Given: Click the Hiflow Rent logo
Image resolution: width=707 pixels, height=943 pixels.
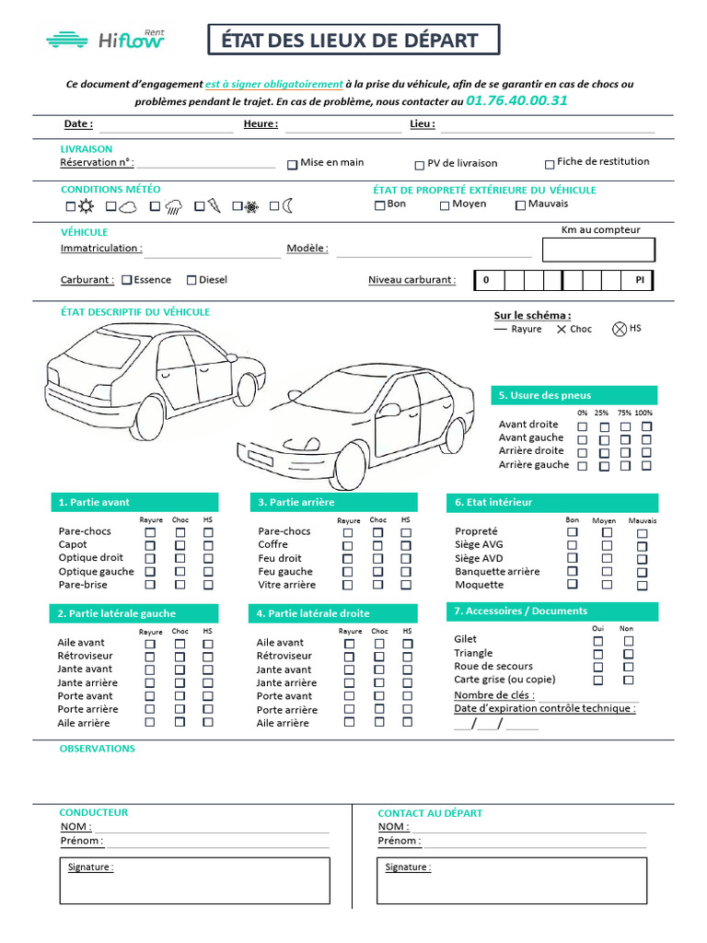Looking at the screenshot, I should [x=105, y=39].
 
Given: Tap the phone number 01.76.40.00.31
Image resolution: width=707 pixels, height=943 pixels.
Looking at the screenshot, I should [x=516, y=100].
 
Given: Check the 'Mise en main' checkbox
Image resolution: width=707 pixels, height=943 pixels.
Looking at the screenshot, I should [x=293, y=164].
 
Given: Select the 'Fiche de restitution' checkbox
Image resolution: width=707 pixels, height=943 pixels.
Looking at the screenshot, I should [x=550, y=163].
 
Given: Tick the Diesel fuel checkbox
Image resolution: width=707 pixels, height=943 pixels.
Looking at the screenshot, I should [x=191, y=280].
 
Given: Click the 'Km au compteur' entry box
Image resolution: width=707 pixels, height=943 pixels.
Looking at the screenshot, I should [x=598, y=250].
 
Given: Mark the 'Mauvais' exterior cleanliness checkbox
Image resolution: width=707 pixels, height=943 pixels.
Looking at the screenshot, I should [x=520, y=205].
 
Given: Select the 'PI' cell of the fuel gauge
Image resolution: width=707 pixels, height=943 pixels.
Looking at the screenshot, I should [x=639, y=280].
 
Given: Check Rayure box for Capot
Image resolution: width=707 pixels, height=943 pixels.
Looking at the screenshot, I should [x=150, y=545].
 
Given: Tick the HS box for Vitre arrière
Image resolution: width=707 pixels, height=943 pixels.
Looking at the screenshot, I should [x=406, y=585].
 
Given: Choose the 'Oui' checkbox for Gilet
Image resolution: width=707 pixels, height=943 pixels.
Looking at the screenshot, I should [x=597, y=641].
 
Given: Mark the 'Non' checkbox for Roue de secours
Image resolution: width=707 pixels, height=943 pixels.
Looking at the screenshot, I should [x=628, y=667].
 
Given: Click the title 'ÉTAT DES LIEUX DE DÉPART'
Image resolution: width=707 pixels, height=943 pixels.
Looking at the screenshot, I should [x=354, y=41].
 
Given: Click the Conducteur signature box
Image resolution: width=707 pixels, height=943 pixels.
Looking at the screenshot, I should [x=194, y=880].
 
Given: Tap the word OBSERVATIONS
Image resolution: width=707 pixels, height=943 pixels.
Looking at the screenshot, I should [x=97, y=749].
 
